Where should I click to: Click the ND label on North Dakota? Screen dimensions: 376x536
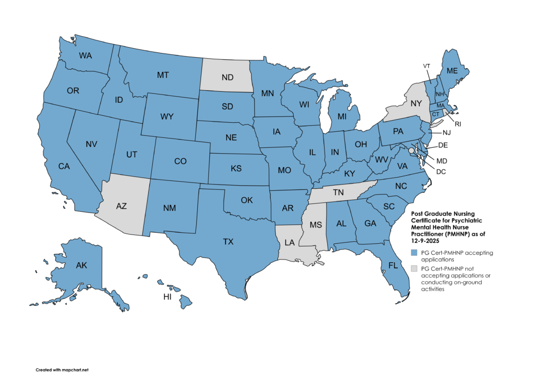coord(227,78)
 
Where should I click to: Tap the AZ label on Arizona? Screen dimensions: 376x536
coord(121,206)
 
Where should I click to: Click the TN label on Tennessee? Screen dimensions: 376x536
coord(339,192)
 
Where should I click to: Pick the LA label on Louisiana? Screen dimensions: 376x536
coord(289,242)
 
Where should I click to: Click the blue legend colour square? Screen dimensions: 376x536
coord(414,253)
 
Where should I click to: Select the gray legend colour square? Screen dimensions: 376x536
coord(414,268)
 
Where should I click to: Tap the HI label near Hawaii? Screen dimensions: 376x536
coord(168,297)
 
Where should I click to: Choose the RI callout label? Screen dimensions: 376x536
coord(459,125)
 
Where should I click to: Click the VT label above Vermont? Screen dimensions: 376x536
coord(427,66)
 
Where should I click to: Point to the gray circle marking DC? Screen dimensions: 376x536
coord(411,151)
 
